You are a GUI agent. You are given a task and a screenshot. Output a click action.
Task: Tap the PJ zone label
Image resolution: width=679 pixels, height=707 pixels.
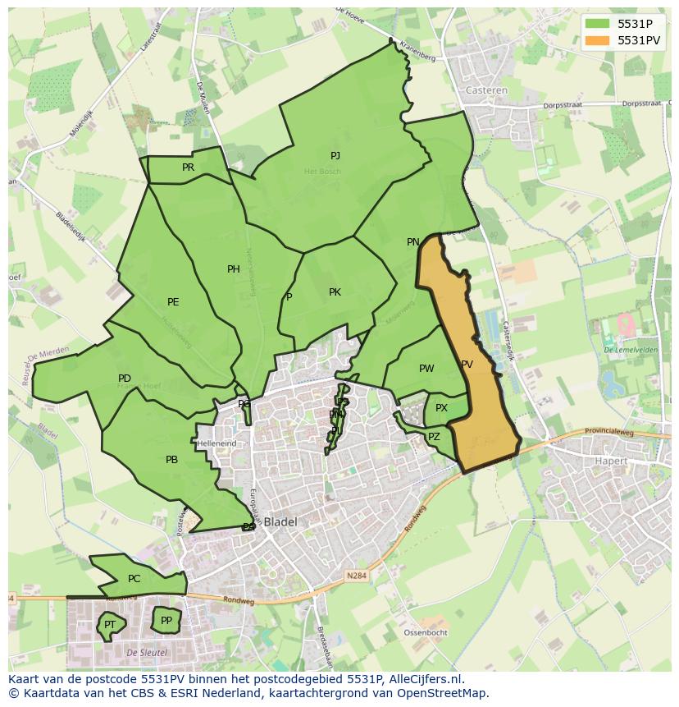[335, 155]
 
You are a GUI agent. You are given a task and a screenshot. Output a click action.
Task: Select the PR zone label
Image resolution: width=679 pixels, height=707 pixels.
[188, 167]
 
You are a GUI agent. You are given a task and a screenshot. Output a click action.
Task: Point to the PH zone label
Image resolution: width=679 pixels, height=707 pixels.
[234, 269]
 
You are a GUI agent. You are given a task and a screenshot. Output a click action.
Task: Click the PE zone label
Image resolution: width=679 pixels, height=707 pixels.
[173, 301]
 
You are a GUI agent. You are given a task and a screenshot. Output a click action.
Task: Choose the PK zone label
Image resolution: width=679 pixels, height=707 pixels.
[335, 292]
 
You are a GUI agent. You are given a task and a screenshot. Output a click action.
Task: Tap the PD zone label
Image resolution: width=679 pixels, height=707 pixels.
[125, 379]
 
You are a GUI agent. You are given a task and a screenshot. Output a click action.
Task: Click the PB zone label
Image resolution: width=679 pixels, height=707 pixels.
[171, 460]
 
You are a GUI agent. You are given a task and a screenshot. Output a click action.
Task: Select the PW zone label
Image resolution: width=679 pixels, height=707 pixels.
[426, 368]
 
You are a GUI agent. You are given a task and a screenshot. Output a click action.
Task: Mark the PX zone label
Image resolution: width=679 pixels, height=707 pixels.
[441, 407]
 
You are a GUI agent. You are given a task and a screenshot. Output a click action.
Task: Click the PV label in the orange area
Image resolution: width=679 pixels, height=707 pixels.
[467, 364]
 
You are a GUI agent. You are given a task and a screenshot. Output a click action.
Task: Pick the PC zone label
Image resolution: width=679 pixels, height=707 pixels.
[134, 578]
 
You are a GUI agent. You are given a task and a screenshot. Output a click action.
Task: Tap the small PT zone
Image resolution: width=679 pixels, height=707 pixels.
[109, 625]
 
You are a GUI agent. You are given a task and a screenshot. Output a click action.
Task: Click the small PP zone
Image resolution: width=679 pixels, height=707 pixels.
[166, 620]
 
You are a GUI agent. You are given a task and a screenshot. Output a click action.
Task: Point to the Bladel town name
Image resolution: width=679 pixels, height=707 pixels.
[280, 521]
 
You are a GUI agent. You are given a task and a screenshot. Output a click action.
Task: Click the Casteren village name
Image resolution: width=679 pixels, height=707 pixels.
[486, 90]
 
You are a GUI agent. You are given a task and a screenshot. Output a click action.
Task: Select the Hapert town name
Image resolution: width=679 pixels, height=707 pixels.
[611, 461]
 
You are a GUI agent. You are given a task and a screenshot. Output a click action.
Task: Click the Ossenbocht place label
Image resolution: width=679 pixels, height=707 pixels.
[426, 632]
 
